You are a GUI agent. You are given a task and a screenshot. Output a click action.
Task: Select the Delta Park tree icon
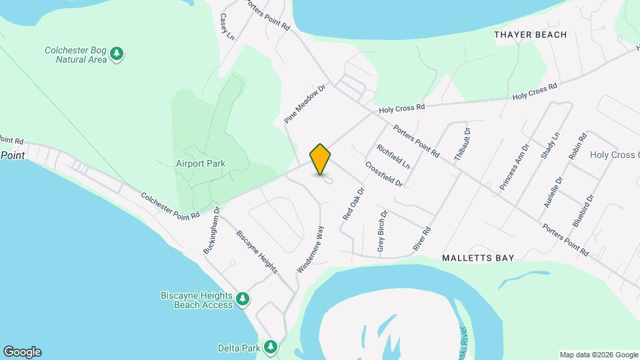(270, 347)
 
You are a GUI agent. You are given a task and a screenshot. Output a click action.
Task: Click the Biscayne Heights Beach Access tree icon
(243, 299)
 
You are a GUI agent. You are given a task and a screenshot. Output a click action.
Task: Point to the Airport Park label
(201, 163)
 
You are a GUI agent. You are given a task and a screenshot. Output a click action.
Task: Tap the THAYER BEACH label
(531, 35)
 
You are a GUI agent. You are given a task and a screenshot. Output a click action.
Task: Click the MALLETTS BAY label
(478, 257)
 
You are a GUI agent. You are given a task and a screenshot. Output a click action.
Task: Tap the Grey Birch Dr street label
(382, 233)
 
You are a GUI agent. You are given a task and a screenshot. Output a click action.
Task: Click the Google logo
(22, 352)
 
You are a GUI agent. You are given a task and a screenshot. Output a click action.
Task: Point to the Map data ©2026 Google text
(598, 355)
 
